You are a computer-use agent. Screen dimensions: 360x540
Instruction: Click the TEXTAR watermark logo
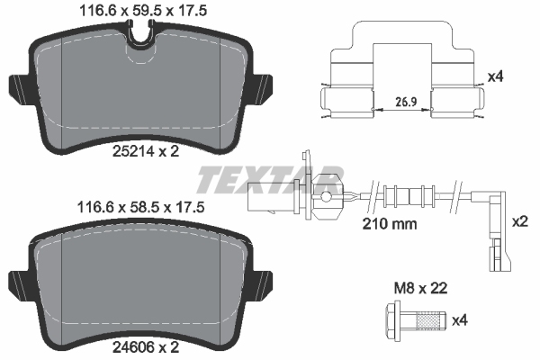pos(270,177)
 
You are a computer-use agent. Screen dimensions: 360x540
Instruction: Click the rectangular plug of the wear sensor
pos(266,194)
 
